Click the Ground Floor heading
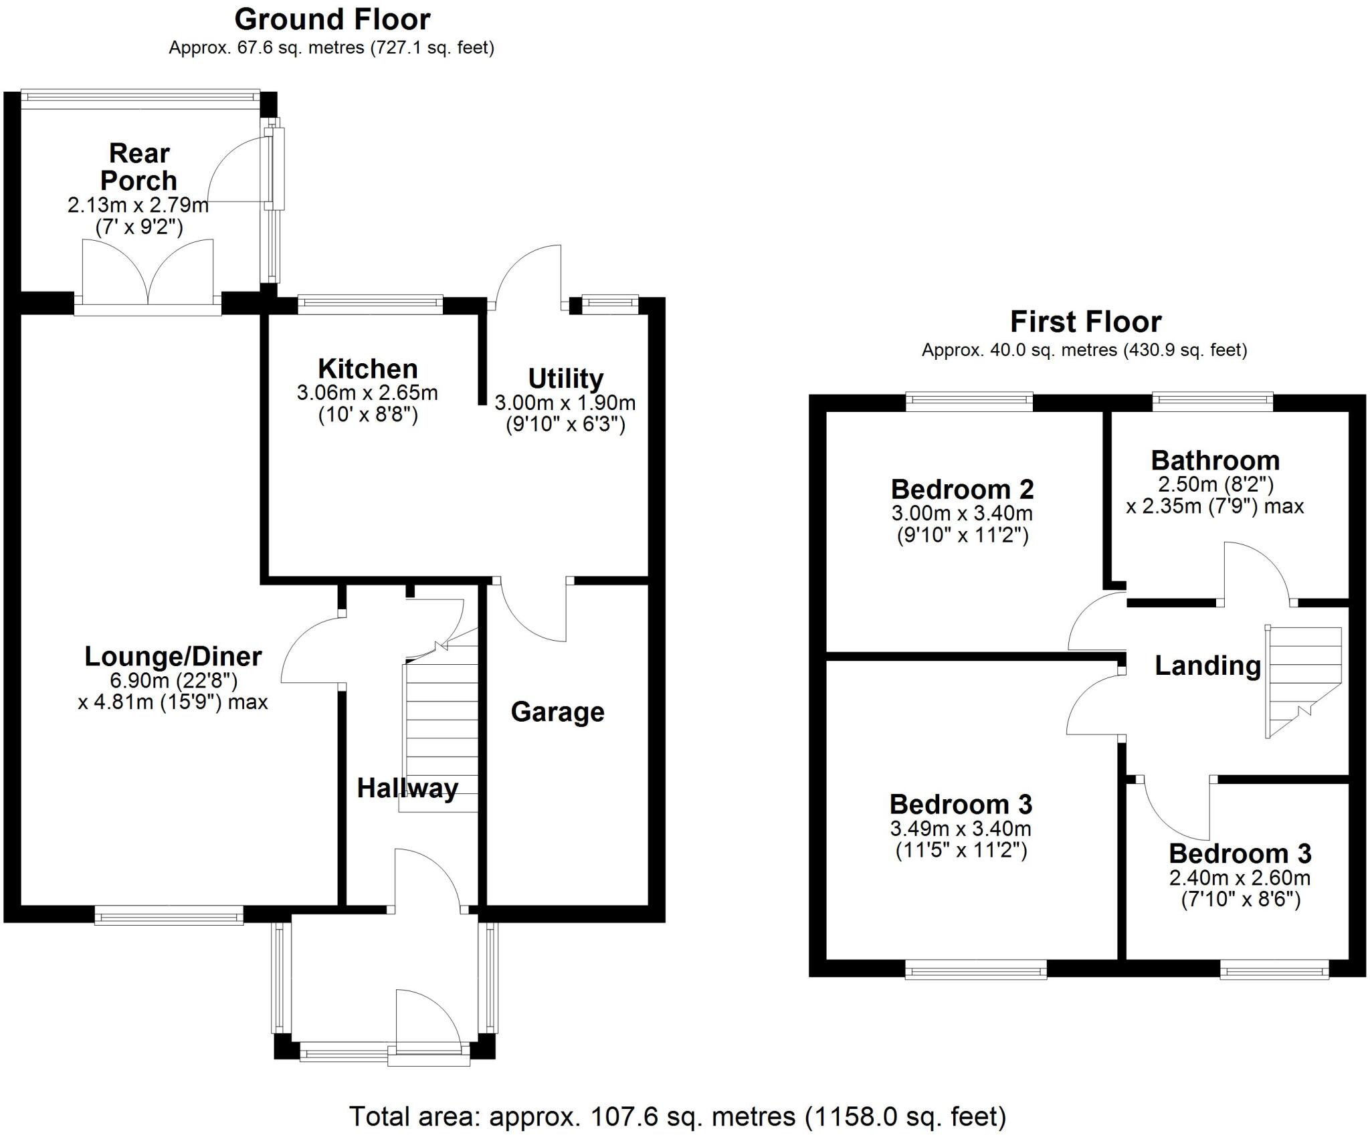coord(332,20)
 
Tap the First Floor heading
coord(1085,322)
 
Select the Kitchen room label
coord(367,369)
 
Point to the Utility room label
coord(565,379)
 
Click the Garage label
coord(557,712)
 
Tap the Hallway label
coord(407,788)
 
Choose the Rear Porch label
coord(138,167)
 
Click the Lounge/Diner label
coord(173,656)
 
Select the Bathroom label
coord(1215,461)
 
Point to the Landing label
coord(1207,665)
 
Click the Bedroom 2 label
coord(962,490)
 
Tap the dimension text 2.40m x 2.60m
coord(1240,878)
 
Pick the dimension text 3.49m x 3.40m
coord(961,829)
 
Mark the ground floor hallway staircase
coord(439,736)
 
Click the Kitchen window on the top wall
coord(370,304)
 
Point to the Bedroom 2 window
coord(969,401)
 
